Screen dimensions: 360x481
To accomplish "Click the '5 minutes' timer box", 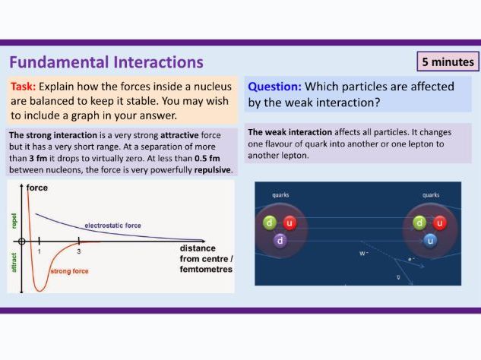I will (448, 62).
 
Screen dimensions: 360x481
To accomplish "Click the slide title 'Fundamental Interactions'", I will (106, 62).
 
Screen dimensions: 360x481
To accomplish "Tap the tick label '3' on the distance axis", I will (78, 251).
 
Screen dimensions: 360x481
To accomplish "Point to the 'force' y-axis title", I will (37, 187).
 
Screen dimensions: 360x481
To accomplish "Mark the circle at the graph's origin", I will (23, 242).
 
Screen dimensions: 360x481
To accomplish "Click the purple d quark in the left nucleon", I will (280, 240).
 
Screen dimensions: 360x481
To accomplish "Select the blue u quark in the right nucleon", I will (430, 240).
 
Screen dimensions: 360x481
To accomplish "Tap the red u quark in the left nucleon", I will (290, 223).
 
